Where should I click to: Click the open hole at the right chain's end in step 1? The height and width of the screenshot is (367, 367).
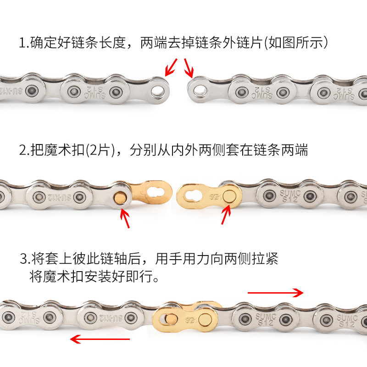click(200, 91)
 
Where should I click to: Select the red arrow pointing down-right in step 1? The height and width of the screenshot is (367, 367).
click(189, 68)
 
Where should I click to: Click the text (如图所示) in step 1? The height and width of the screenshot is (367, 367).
click(296, 43)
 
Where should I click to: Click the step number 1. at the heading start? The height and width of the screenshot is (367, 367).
click(24, 43)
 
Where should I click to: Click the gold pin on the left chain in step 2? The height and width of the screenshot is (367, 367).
click(120, 197)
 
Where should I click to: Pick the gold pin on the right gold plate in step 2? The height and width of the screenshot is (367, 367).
click(229, 196)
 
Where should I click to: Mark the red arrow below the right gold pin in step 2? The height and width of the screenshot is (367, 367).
click(226, 214)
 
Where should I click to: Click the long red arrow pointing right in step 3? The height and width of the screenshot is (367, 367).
click(276, 293)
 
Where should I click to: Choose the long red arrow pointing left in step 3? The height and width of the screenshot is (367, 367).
click(100, 339)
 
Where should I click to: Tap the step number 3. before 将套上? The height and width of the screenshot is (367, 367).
click(25, 259)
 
